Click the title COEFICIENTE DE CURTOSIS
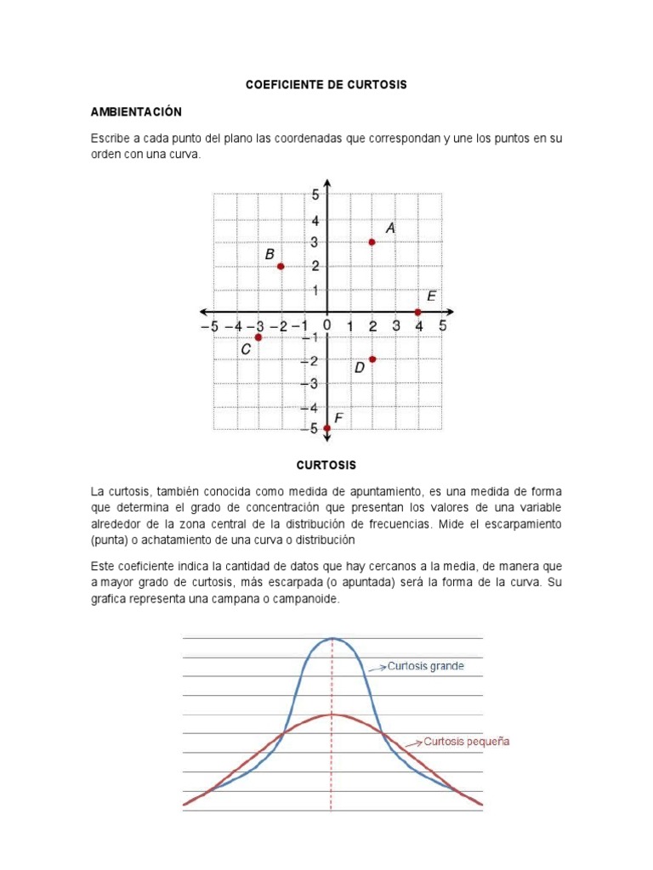click(x=326, y=85)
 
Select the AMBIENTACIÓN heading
click(x=137, y=112)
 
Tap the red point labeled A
click(x=372, y=242)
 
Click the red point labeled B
click(x=281, y=267)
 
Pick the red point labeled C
click(x=258, y=337)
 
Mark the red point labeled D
click(x=372, y=359)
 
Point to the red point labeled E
click(x=417, y=312)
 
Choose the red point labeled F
click(x=327, y=428)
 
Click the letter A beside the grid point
click(x=390, y=228)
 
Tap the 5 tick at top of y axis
click(x=315, y=195)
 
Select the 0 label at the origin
click(x=327, y=325)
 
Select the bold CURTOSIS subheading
click(x=326, y=465)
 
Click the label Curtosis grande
click(x=426, y=666)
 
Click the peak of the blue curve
click(x=332, y=639)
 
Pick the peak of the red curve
click(x=332, y=715)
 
